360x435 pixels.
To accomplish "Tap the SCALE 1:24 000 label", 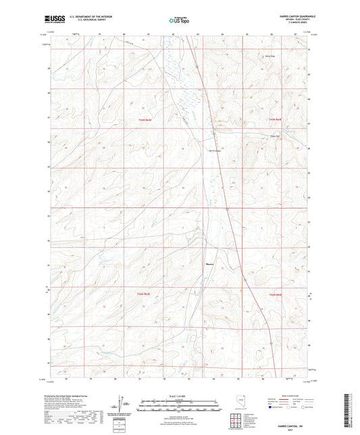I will tap(179, 395).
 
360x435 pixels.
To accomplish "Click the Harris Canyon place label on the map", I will tap(215, 150).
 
